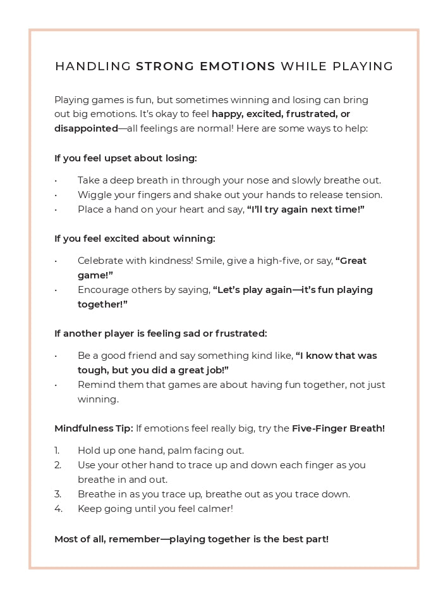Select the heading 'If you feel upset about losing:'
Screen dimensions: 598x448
(x=126, y=158)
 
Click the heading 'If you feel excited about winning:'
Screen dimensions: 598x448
(x=135, y=239)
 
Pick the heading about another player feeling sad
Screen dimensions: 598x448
(x=160, y=333)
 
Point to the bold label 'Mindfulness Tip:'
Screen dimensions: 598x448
(x=94, y=428)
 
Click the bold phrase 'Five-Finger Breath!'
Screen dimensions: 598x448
(x=338, y=428)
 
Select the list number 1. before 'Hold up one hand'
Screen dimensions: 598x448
(x=57, y=451)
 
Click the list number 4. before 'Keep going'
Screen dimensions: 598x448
(x=58, y=508)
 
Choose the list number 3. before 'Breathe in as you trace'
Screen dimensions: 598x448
(x=58, y=494)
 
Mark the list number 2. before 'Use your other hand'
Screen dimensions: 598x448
(x=58, y=465)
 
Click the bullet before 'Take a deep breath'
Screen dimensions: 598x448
(x=56, y=181)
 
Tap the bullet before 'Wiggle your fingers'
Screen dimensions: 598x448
(x=56, y=196)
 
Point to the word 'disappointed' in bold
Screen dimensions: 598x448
(x=86, y=128)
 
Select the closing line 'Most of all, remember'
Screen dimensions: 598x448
(x=191, y=539)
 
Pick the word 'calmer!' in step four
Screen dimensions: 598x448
(x=215, y=508)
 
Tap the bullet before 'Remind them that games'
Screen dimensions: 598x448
(x=56, y=385)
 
